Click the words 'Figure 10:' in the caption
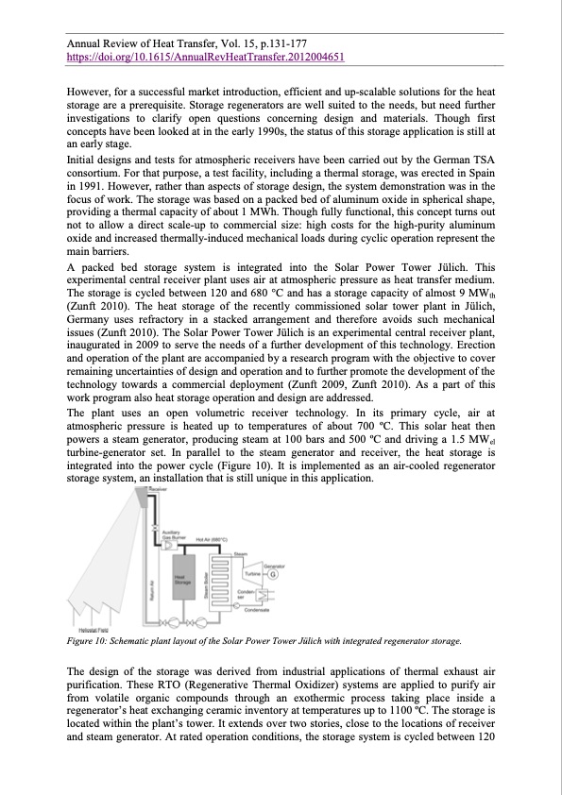[90, 641]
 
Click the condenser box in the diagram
[258, 595]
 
